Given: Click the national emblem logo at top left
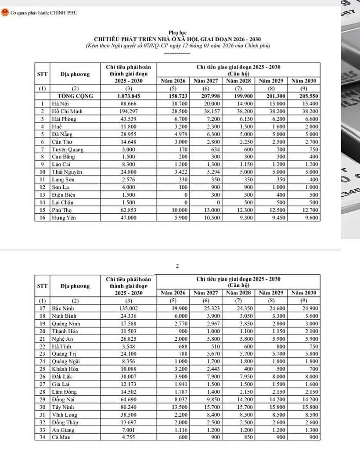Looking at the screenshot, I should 5,13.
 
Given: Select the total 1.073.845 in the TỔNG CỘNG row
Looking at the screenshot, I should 129,96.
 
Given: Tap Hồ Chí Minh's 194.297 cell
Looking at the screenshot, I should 129,111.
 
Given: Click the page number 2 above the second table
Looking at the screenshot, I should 177,266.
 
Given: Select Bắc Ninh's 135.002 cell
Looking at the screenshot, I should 129,308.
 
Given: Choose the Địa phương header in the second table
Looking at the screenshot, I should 75,286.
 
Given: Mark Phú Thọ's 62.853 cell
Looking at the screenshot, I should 129,210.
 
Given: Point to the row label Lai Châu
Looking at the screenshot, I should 62,202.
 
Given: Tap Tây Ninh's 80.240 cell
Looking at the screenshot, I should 129,407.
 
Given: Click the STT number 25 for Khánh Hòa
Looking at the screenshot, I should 42,369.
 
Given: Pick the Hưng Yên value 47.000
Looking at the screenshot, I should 129,218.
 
